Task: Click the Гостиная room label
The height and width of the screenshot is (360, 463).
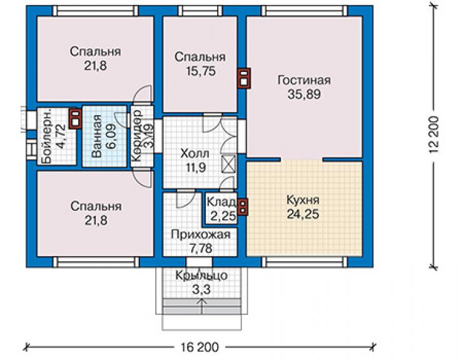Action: tap(304, 80)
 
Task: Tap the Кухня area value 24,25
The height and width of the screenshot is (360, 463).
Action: tap(303, 214)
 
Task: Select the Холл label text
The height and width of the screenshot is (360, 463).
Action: tap(195, 153)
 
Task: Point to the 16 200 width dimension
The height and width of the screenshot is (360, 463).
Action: tap(200, 347)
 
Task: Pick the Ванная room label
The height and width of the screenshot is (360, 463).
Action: tap(96, 135)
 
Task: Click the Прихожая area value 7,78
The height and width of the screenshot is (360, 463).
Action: tap(200, 249)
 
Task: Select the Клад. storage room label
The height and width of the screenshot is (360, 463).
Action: tap(221, 202)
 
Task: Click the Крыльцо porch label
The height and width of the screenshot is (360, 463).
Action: tap(201, 275)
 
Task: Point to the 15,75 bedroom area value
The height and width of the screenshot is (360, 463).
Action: tap(200, 71)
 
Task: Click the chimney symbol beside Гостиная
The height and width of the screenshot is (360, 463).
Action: tap(244, 78)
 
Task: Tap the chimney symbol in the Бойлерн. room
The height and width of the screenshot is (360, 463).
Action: tap(75, 118)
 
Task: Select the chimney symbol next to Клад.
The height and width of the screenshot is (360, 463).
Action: tap(243, 207)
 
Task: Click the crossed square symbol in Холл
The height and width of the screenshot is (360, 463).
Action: tap(229, 164)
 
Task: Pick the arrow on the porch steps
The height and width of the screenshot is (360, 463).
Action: tap(202, 307)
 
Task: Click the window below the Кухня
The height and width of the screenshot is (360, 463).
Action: tap(305, 262)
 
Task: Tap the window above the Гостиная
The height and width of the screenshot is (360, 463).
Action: tap(305, 11)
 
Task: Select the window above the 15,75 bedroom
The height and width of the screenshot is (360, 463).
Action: tap(200, 11)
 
